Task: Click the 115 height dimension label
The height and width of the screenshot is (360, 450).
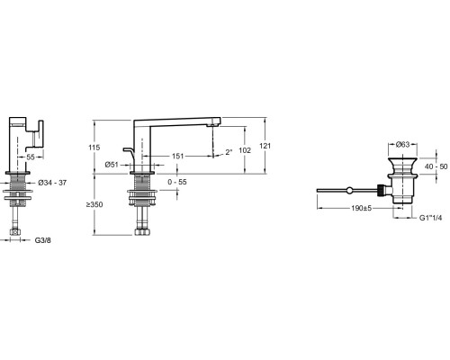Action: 94,148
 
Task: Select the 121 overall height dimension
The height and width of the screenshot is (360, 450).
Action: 265,146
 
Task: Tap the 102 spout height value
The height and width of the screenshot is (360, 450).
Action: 245,150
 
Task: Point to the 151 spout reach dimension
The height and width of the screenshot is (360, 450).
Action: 177,156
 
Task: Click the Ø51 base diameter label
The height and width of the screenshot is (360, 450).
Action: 112,165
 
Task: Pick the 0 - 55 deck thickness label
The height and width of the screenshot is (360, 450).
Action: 177,182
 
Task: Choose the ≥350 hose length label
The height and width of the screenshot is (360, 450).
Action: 94,204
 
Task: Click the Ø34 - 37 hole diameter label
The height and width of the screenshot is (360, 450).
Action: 52,183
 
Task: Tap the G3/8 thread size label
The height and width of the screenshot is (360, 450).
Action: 43,240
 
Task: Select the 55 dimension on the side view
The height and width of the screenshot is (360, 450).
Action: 31,157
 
